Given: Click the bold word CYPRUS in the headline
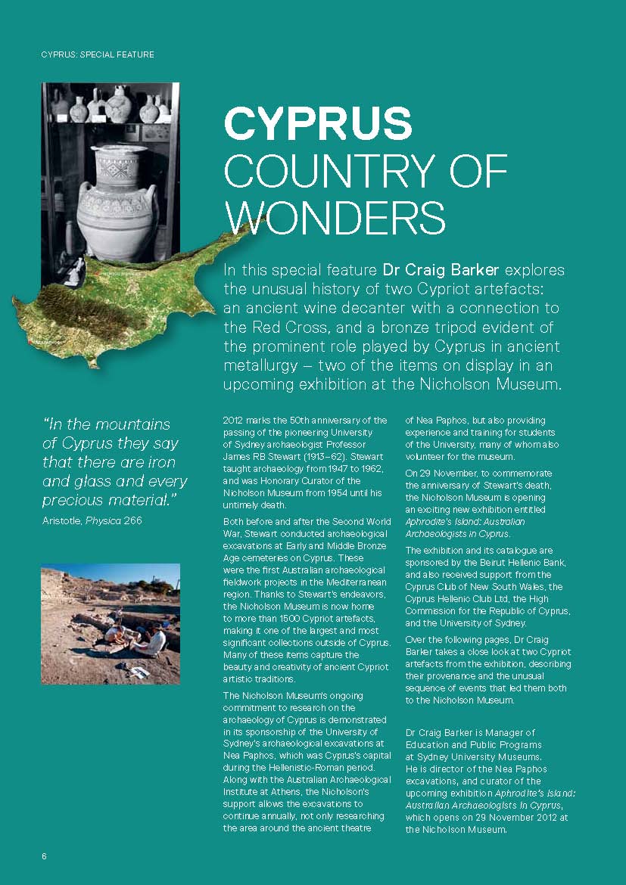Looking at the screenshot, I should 318,123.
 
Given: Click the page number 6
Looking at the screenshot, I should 44,856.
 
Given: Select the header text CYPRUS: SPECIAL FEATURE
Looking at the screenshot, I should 98,54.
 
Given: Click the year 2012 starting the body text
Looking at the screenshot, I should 234,421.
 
